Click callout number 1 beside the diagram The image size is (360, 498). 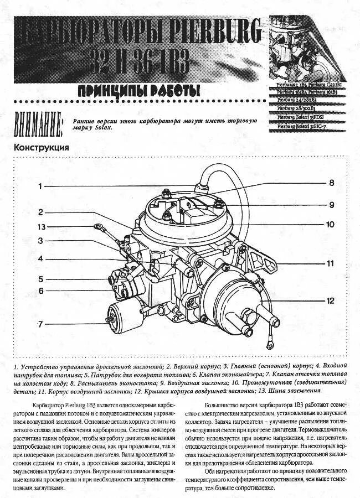(40, 186)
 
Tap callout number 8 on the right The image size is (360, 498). (332, 183)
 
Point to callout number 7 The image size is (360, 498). (40, 324)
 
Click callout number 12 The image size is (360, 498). (331, 301)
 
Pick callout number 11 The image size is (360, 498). (331, 263)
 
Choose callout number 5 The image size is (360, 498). (40, 279)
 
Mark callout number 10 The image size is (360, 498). (331, 224)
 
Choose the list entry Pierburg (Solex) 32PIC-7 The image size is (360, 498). (303, 126)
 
